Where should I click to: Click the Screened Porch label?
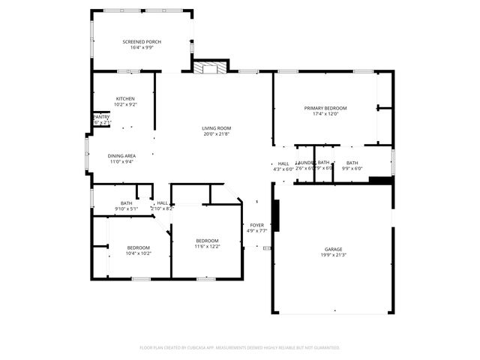[x=142, y=41]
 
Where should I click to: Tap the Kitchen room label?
[x=125, y=98]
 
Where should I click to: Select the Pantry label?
[x=100, y=117]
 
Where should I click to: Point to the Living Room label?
[x=216, y=127]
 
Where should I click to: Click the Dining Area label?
[x=121, y=155]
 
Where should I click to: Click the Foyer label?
[x=256, y=224]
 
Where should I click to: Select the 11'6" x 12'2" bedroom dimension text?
[x=206, y=246]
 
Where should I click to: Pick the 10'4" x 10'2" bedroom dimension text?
[x=138, y=253]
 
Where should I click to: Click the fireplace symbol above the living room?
[x=209, y=67]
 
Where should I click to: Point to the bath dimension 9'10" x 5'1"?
[x=126, y=208]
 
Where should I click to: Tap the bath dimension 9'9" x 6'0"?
[x=352, y=169]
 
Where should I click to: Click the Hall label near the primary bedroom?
[x=283, y=163]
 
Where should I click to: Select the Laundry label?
[x=304, y=163]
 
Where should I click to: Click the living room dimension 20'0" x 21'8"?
[x=216, y=133]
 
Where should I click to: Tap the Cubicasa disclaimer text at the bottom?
[x=240, y=347]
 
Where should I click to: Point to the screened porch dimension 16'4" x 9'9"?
[x=142, y=47]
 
